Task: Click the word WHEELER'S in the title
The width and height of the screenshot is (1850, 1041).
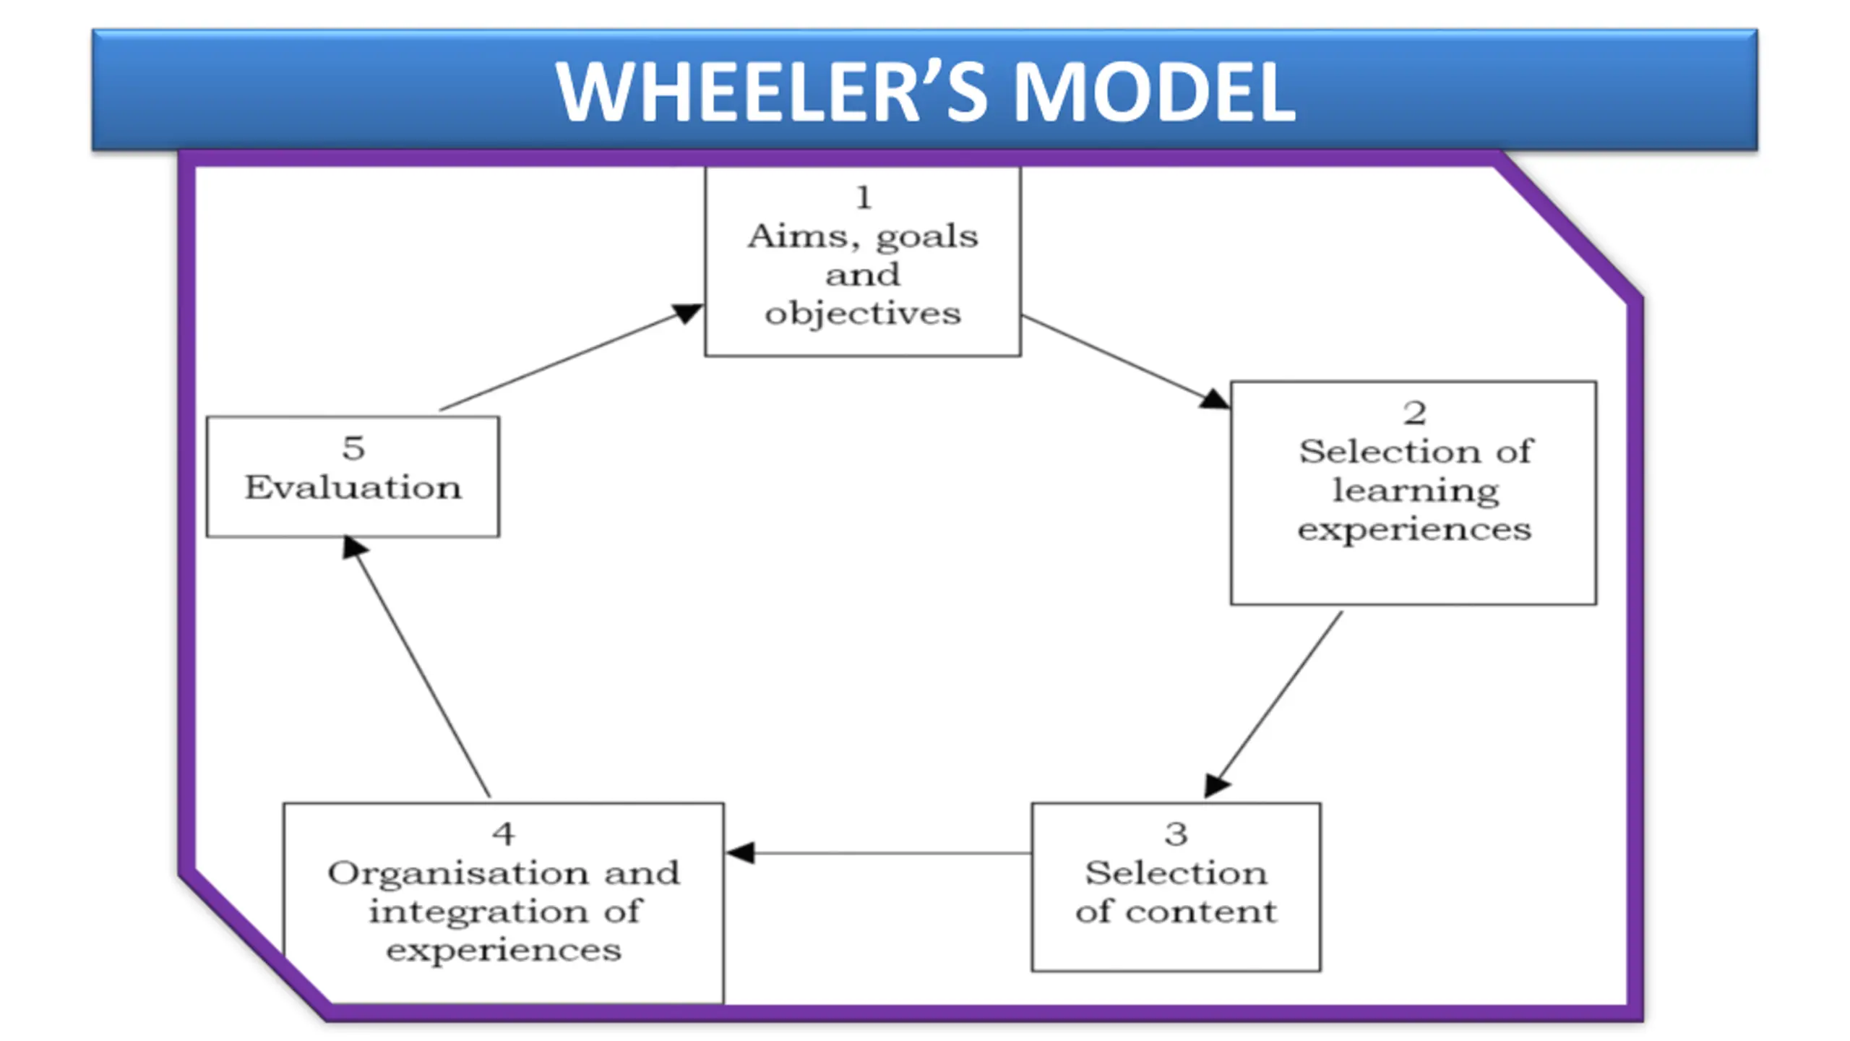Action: [x=773, y=92]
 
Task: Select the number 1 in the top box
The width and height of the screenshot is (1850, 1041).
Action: [x=864, y=197]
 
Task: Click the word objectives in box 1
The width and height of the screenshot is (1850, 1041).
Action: [x=863, y=314]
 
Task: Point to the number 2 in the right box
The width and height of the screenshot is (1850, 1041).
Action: [x=1415, y=414]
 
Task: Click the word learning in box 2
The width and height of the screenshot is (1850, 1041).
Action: [x=1415, y=491]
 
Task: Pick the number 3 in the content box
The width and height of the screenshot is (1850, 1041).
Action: [x=1176, y=834]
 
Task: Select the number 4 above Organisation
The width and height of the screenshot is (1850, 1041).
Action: [x=504, y=834]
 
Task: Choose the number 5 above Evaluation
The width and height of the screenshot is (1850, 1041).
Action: [x=353, y=448]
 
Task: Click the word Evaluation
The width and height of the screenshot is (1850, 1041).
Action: [x=353, y=487]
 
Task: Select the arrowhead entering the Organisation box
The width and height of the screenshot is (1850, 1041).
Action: [x=740, y=853]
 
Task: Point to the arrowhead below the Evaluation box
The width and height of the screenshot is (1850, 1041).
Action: [x=353, y=547]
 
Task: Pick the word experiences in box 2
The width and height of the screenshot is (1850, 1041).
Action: [x=1414, y=530]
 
